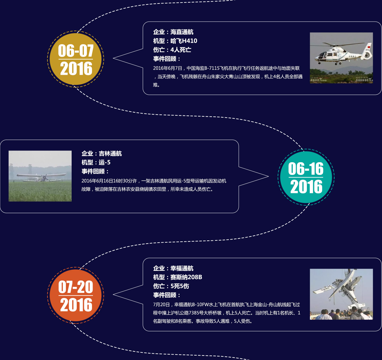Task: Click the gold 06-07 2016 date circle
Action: [x=75, y=59]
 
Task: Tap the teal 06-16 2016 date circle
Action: [x=306, y=177]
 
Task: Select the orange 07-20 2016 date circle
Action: [x=75, y=295]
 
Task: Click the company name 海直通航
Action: [x=182, y=32]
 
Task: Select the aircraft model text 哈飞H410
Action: [x=184, y=41]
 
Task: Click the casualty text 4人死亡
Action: [x=181, y=50]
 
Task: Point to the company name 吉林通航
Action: [x=110, y=154]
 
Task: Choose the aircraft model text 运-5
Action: [x=105, y=163]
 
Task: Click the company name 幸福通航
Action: [x=182, y=268]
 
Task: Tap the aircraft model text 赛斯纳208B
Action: [x=186, y=277]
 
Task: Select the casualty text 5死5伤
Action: [x=180, y=286]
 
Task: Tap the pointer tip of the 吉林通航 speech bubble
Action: [x=268, y=176]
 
